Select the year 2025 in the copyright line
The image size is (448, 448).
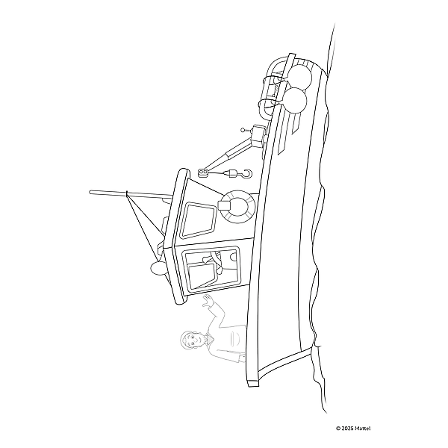pyautogui.click(x=345, y=428)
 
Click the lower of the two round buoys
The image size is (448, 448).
pyautogui.click(x=294, y=99)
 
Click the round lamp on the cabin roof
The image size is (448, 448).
pyautogui.click(x=158, y=268)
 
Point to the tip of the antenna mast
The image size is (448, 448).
pyautogui.click(x=91, y=192)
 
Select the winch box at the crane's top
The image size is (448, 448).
pyautogui.click(x=259, y=135)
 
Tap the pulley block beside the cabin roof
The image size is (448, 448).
pyautogui.click(x=202, y=173)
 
